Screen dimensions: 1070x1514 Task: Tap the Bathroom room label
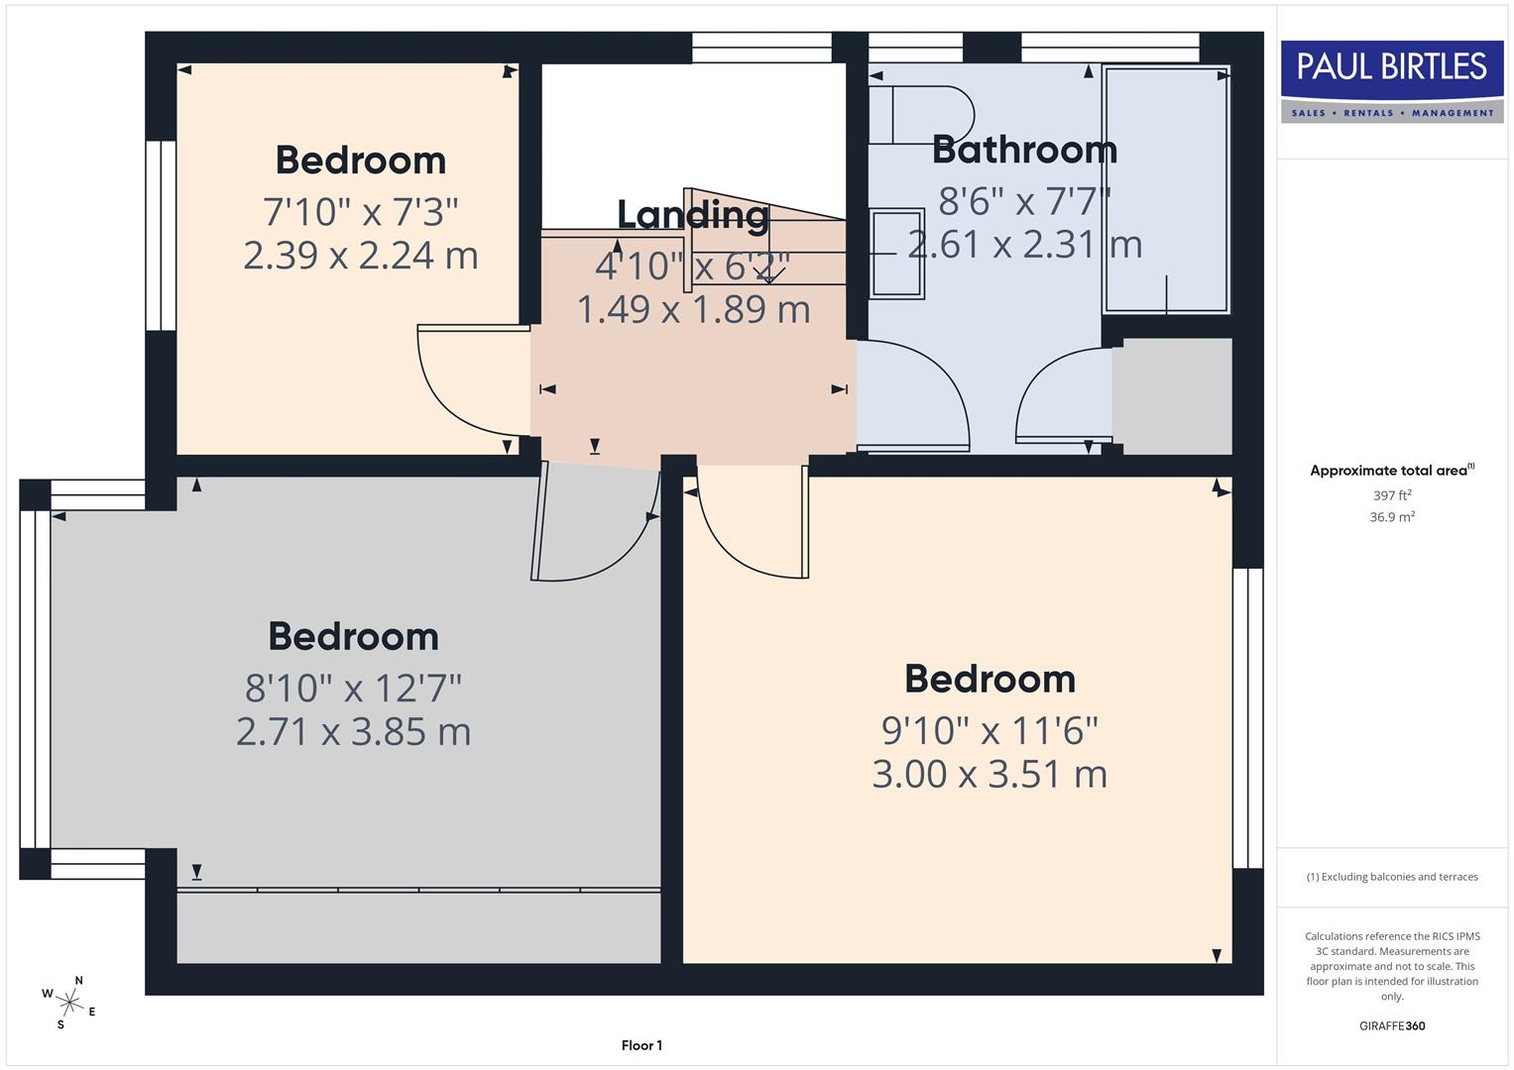[1024, 150]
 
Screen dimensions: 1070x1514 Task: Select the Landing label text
[692, 214]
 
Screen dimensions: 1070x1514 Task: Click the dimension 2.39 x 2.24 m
[360, 256]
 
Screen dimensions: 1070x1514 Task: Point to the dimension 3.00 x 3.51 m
[989, 774]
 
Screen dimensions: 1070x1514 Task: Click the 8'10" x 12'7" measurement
[353, 687]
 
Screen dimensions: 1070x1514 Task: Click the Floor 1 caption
[641, 1045]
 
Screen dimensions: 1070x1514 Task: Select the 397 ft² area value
[1391, 495]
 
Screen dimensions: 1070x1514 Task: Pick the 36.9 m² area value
[1391, 517]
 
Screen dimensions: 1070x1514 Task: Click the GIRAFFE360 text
[1391, 1025]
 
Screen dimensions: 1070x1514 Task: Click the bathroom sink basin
[897, 254]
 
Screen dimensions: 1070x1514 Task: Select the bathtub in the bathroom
[1166, 190]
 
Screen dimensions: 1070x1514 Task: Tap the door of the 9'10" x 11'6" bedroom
[754, 525]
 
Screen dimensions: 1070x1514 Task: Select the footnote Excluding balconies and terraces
[1391, 877]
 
